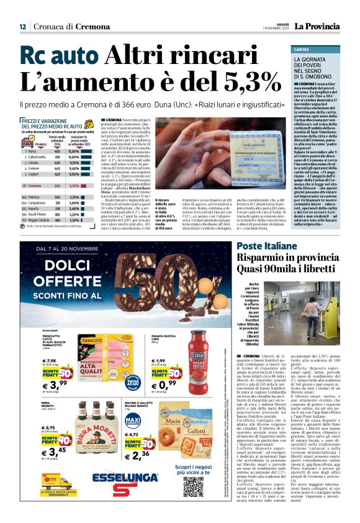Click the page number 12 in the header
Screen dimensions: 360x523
point(22,27)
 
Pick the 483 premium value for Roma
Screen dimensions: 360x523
point(57,151)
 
